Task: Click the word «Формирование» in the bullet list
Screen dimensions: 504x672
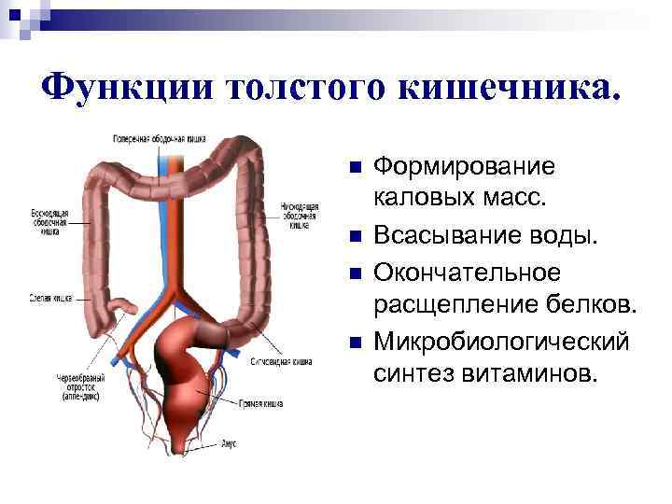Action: tap(463, 167)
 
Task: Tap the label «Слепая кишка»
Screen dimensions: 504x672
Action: tap(49, 299)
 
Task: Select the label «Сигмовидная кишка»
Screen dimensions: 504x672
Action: tap(281, 360)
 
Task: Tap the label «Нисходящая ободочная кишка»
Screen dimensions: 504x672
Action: tap(300, 215)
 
